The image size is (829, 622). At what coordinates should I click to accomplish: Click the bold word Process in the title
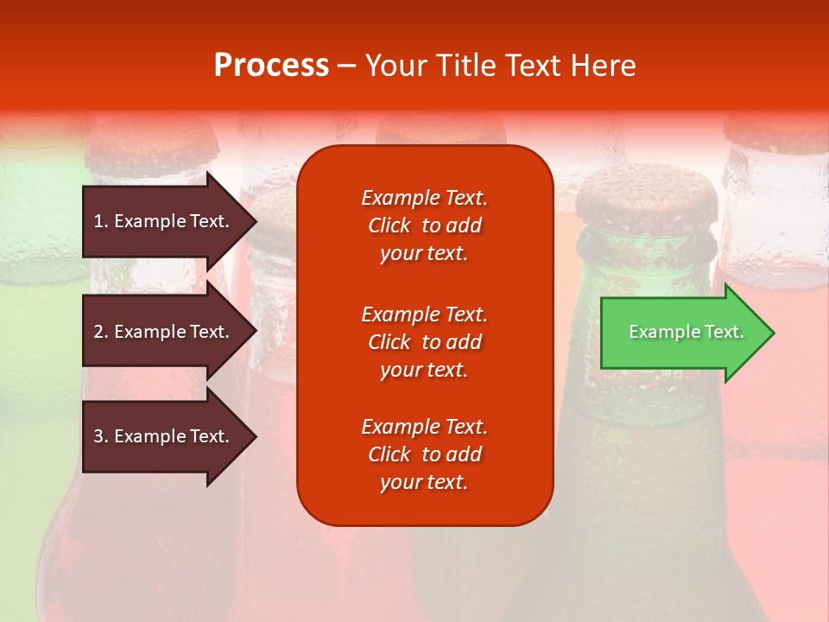click(271, 66)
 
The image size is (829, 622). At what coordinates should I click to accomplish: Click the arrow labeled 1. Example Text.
click(164, 221)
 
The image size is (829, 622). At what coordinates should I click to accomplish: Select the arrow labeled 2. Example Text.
click(164, 332)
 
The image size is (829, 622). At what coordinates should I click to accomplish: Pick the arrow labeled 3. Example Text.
click(164, 436)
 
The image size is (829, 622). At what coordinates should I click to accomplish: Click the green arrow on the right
click(682, 333)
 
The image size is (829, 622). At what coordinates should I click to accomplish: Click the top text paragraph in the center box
click(424, 225)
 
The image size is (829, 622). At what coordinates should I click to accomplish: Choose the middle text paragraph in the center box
click(424, 342)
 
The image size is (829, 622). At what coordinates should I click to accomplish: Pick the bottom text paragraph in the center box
click(424, 454)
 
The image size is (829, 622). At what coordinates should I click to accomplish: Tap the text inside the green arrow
click(686, 332)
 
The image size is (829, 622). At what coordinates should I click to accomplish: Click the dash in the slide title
click(346, 67)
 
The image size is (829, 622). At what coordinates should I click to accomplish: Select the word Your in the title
click(394, 66)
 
